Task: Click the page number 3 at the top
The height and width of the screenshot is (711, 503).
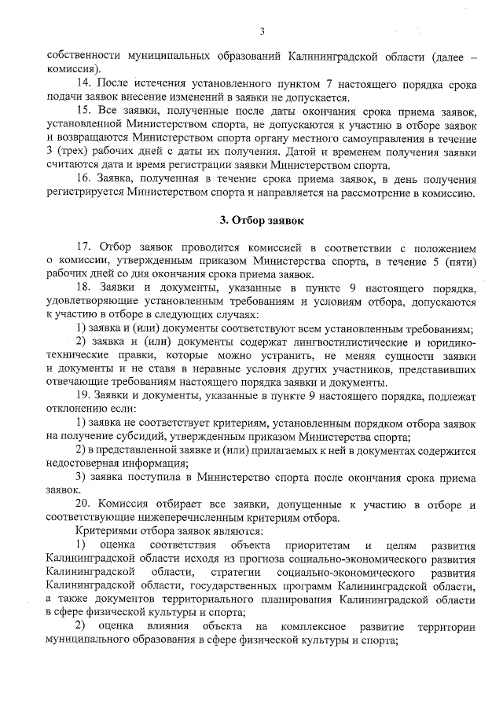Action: point(262,31)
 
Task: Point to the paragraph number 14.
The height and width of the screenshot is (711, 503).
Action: point(83,82)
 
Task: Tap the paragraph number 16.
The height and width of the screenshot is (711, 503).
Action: point(83,179)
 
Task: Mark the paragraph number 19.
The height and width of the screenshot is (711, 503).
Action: point(83,394)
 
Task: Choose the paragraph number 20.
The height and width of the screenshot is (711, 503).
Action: point(84,503)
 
